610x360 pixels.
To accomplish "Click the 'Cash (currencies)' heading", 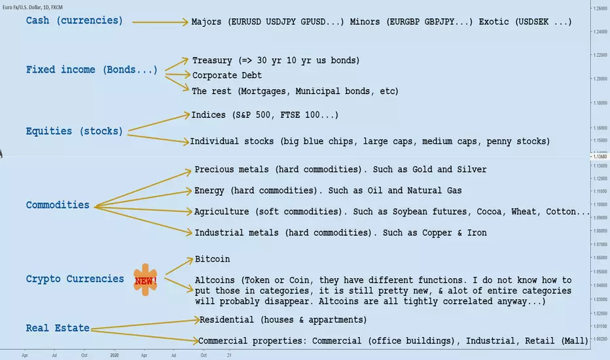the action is (75, 21).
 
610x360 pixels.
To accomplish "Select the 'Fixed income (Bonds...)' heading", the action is (92, 69).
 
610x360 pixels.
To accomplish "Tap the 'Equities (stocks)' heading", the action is (75, 131).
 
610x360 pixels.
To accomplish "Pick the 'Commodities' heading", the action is (58, 205).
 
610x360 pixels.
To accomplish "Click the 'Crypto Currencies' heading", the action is (75, 279).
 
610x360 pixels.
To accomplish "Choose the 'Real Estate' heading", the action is (58, 328).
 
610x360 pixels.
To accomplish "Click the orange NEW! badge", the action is (145, 280).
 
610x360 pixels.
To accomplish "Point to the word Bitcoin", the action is (213, 259).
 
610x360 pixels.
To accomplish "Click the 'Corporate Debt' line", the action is (227, 75).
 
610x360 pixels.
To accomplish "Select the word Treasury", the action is (212, 61).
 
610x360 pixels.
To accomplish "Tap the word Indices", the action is (209, 115).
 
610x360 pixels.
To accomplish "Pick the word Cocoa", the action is (489, 211).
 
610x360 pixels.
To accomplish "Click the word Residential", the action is (227, 320).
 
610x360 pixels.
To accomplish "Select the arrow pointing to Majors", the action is (160, 22).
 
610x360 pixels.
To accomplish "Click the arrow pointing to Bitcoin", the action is (179, 266).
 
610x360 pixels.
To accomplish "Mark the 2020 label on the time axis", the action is (115, 355).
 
